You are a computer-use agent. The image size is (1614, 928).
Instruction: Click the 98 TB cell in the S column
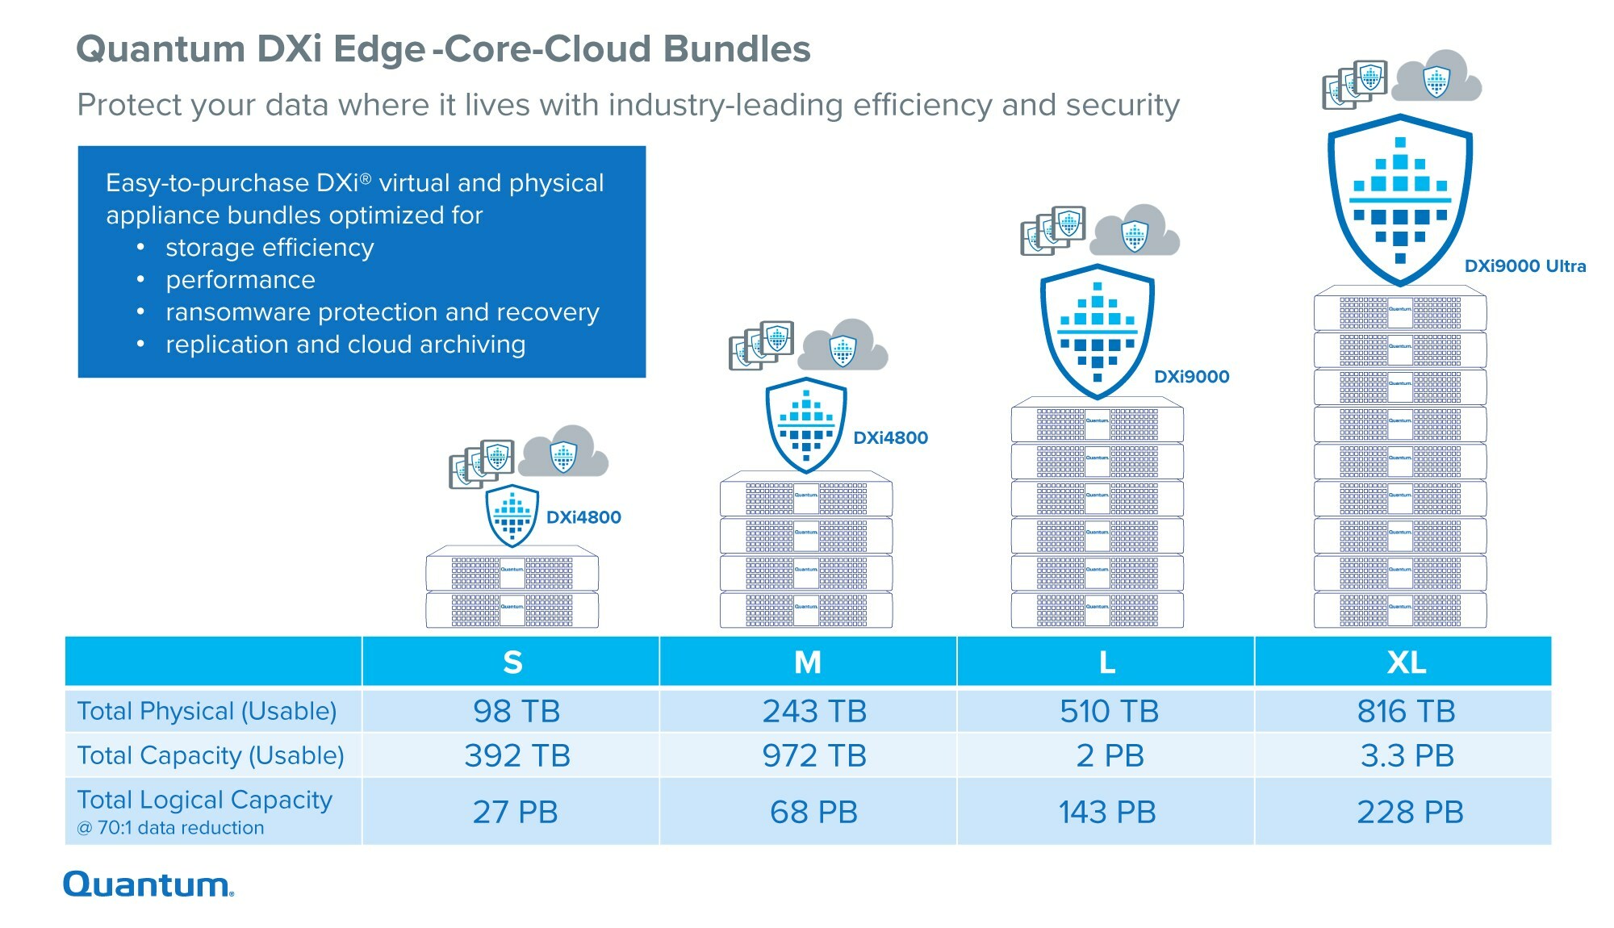point(516,711)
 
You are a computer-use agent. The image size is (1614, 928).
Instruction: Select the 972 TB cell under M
point(814,755)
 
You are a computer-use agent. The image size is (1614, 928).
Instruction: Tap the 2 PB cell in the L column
point(1110,755)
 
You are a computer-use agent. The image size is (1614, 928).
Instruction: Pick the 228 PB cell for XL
point(1410,812)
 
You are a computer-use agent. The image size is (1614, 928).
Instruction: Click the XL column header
point(1406,662)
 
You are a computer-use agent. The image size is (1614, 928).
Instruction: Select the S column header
point(512,662)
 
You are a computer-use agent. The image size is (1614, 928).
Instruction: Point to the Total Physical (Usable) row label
point(207,711)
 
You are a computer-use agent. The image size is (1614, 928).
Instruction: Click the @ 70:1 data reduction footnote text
point(170,828)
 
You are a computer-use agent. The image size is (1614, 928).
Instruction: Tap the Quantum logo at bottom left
point(148,884)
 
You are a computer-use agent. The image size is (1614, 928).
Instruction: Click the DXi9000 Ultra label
point(1524,266)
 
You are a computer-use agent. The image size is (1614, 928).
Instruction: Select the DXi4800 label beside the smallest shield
point(583,517)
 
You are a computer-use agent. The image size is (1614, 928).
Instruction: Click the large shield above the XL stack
point(1400,198)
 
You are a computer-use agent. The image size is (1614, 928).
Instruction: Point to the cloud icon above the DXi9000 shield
point(1135,232)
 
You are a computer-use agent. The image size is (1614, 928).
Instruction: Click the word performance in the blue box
point(240,280)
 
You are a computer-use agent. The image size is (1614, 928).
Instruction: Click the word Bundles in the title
point(736,49)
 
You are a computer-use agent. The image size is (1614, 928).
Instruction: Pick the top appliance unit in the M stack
point(805,495)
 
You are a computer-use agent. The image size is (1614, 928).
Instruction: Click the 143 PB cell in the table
point(1107,812)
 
